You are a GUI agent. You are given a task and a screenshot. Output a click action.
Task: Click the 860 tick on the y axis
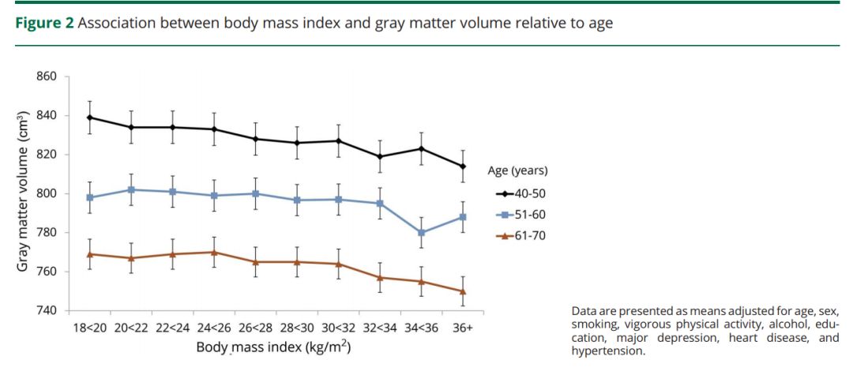coord(48,77)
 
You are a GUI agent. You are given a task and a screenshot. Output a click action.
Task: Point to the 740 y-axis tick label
coord(48,310)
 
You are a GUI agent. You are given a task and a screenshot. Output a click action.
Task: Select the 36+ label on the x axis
coord(463,328)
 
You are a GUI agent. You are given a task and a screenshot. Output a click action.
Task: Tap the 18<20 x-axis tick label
coord(90,328)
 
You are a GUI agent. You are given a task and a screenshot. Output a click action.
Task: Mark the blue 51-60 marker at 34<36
coord(422,233)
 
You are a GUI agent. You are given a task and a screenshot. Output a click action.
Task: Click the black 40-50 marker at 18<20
coord(90,118)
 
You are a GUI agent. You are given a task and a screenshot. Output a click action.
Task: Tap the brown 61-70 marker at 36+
coord(463,291)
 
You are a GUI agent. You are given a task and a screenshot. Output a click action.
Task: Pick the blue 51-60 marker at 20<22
coord(131,189)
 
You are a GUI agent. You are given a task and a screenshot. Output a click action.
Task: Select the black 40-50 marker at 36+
coord(463,167)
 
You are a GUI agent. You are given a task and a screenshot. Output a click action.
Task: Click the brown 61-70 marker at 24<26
coord(214,253)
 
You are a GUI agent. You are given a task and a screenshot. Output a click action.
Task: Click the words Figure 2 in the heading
coord(45,23)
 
